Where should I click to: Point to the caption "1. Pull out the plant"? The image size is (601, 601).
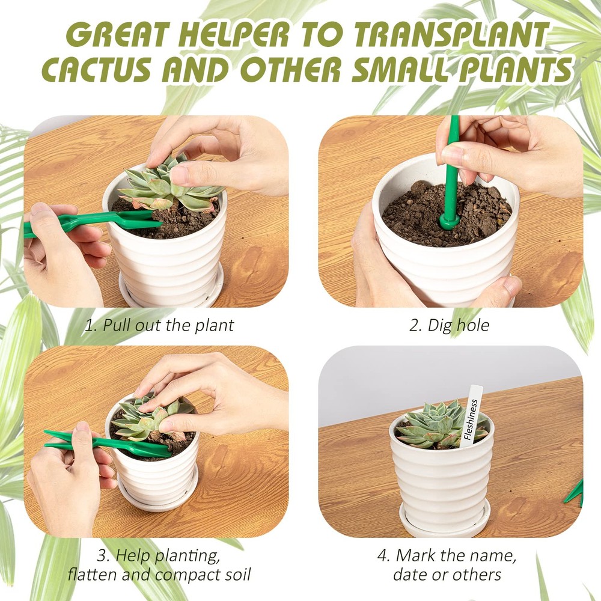159,326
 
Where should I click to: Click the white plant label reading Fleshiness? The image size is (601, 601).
472,415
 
